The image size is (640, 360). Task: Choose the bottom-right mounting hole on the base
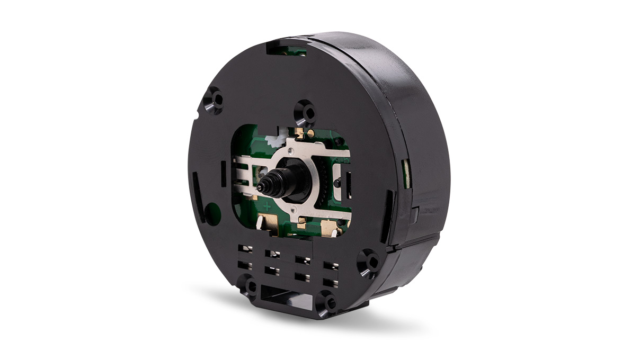click(x=329, y=303)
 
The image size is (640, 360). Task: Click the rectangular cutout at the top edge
click(x=287, y=50)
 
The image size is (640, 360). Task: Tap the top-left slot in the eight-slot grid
click(x=245, y=248)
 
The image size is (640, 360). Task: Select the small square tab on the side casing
click(x=415, y=215)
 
